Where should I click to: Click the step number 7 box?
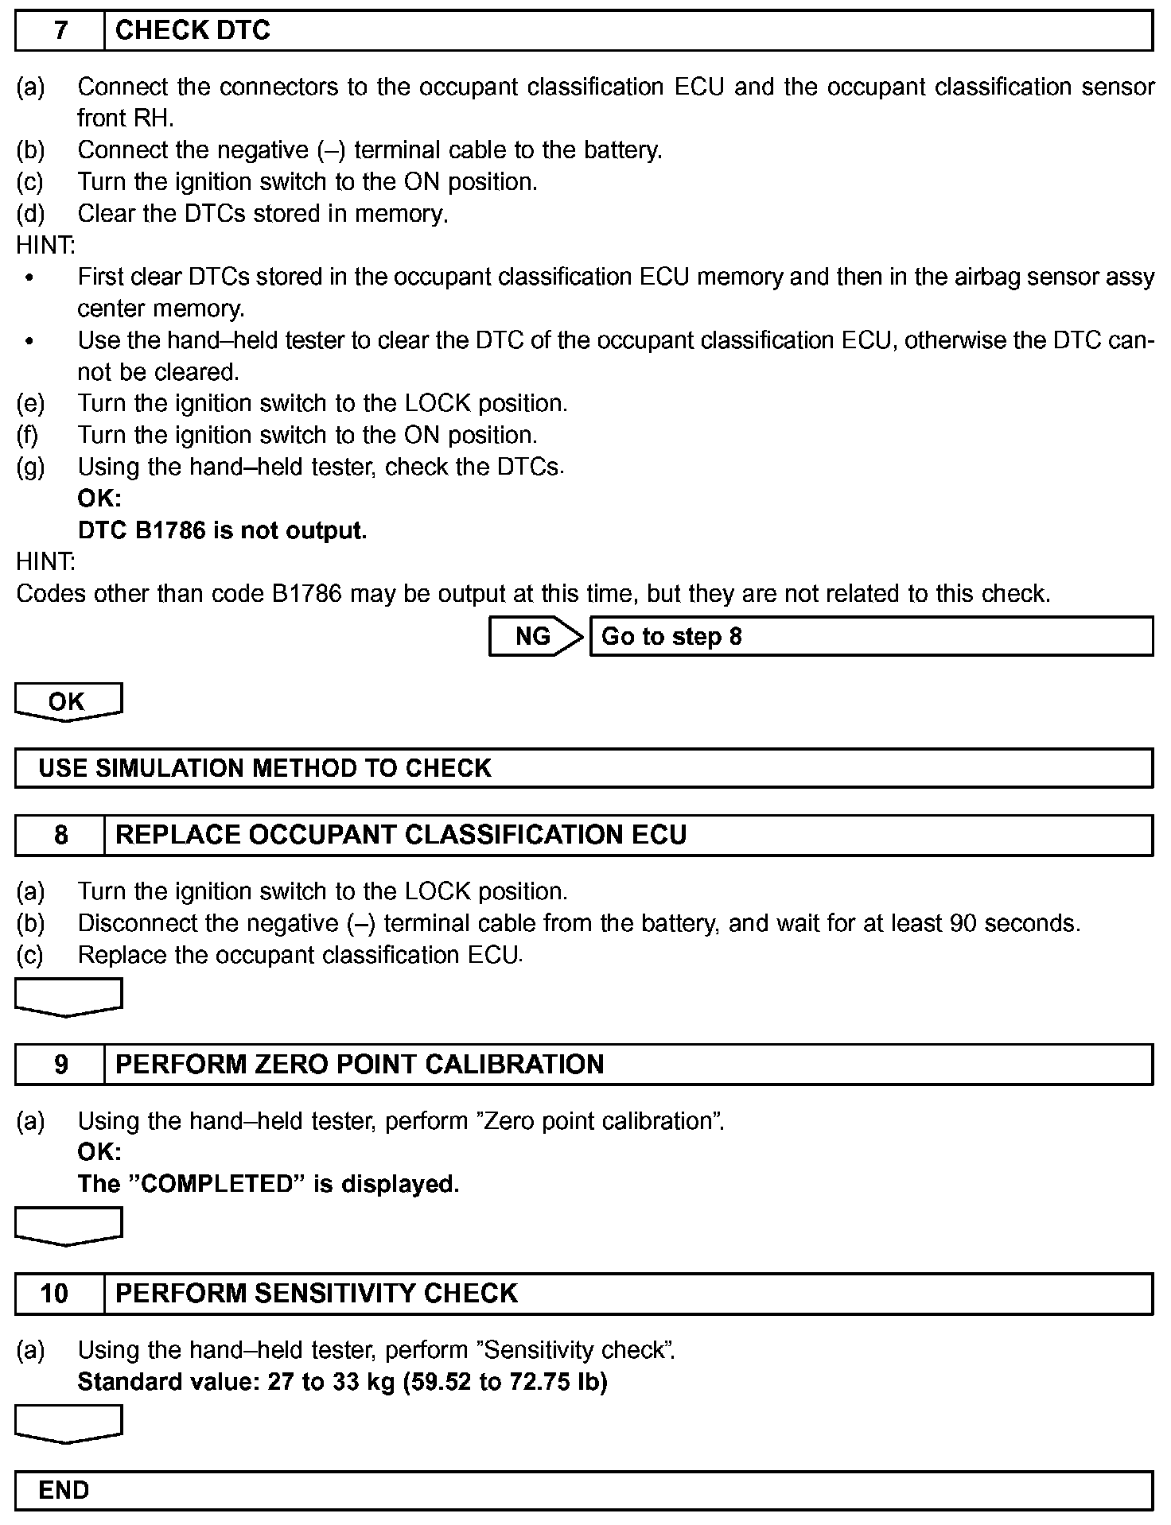60,31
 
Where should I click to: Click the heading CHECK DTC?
193,31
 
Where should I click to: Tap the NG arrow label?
534,636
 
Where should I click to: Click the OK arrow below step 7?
68,701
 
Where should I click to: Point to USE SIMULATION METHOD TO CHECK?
265,768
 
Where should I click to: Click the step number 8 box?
60,835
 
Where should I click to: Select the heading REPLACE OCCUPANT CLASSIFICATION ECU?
401,835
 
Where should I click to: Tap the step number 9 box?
60,1065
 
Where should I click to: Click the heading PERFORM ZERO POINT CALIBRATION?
360,1065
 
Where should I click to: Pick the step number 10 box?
56,1294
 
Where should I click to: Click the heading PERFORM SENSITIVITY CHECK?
317,1294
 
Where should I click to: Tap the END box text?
64,1490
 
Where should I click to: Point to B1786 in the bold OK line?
170,530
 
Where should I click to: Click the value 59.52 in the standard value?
442,1383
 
